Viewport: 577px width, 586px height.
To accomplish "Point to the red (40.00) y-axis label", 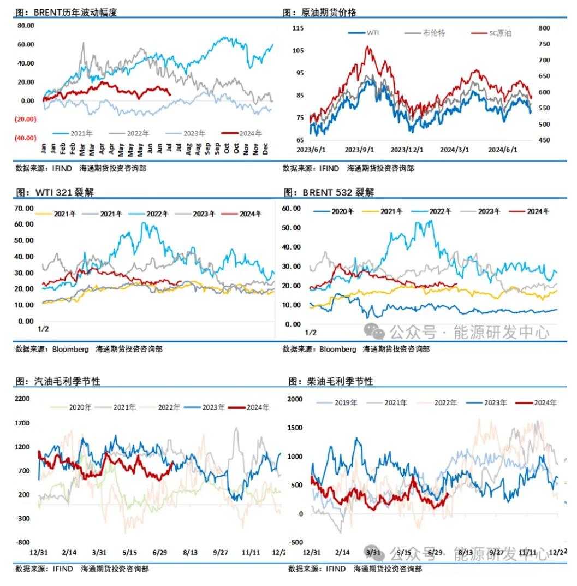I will tap(26, 138).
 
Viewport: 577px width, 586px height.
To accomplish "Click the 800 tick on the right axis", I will tap(546, 28).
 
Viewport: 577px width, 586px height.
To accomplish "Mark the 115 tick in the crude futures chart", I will tap(298, 28).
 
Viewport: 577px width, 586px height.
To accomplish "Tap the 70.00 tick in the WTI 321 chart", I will tap(24, 208).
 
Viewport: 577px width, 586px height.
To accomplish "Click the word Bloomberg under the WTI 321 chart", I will tap(70, 349).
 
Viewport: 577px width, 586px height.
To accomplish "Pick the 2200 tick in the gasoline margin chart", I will tap(22, 399).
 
